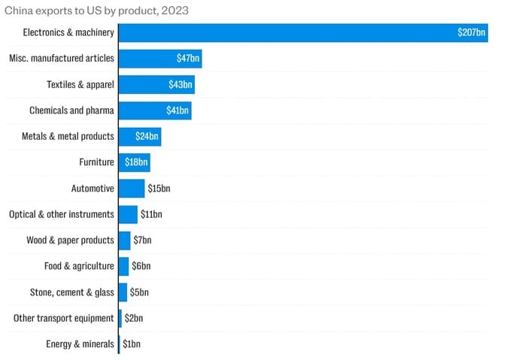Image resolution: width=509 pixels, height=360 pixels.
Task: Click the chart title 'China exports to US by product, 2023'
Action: coord(96,11)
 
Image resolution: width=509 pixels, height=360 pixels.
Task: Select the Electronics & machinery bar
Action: coord(303,33)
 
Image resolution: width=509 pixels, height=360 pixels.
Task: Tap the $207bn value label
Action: coord(471,32)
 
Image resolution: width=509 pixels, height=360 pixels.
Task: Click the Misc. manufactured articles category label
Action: coord(62,59)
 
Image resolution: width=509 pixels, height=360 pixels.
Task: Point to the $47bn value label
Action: coord(188,59)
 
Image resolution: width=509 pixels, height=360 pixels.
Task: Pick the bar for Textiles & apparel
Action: coord(157,85)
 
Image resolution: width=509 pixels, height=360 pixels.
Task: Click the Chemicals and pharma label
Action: coord(71,110)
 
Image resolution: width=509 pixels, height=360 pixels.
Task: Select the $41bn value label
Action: coord(177,110)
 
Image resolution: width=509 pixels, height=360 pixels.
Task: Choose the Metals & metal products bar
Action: coord(140,137)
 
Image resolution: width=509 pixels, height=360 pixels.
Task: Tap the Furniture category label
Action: coord(97,162)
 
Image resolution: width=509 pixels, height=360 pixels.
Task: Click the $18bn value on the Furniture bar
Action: coord(136,162)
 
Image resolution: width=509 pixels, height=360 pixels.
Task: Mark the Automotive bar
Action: coord(132,189)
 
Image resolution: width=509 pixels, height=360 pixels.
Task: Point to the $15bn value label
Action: coord(159,189)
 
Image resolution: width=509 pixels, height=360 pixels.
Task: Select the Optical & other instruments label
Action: coord(62,214)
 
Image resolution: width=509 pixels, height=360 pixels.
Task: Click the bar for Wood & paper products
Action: coord(124,241)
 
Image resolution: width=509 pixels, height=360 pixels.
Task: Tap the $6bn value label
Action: coord(141,266)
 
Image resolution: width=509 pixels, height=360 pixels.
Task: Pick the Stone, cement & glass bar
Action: coord(123,292)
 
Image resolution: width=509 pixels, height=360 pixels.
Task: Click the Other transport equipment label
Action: coord(64,319)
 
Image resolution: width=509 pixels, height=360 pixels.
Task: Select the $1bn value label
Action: coord(132,344)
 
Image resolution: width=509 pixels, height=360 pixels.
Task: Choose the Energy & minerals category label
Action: coord(80,344)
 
